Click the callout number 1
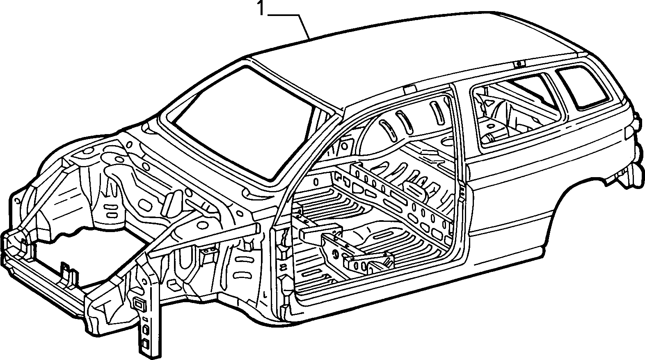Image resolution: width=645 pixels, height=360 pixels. [261, 8]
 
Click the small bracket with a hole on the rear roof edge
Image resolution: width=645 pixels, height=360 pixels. [519, 64]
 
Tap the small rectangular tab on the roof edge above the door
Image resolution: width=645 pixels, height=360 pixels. [409, 89]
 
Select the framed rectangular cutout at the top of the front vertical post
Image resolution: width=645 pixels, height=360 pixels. [140, 305]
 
